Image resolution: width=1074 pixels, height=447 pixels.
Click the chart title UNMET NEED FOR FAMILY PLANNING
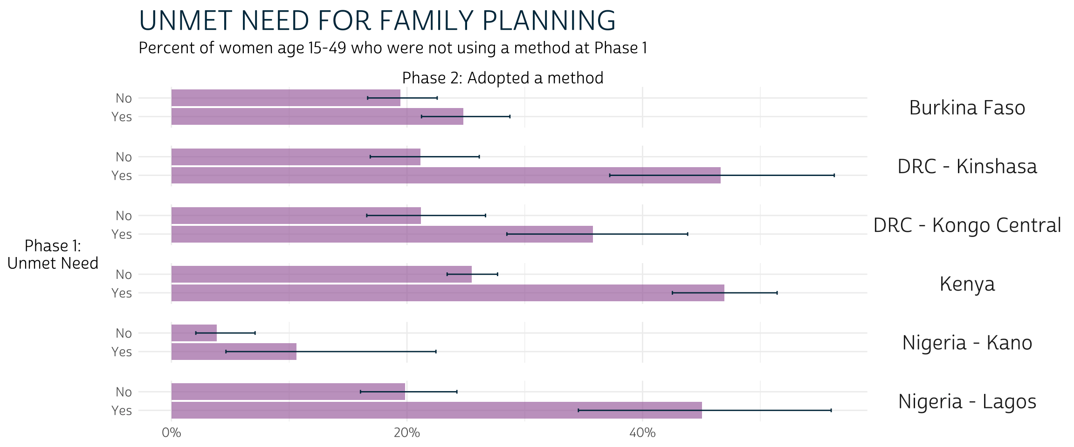pos(377,21)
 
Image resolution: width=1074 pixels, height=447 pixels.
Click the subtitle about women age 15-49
pos(392,48)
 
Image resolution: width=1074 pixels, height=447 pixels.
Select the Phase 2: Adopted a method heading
pos(503,78)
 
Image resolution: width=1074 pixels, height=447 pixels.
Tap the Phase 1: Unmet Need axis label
pos(53,254)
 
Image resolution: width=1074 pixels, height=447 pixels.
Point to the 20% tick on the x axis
pos(406,433)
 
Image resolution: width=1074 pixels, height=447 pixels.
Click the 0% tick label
pos(171,433)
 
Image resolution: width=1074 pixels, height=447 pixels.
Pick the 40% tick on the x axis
pos(642,433)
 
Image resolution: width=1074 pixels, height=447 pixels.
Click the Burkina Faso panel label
pos(967,108)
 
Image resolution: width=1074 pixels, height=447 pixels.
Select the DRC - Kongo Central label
pos(967,225)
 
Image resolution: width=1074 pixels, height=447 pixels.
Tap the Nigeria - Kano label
pos(967,343)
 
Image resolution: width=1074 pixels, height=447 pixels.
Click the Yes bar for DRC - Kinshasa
pos(445,176)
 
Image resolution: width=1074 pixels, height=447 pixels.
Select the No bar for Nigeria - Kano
pos(193,333)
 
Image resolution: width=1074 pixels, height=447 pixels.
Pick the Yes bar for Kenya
pos(447,293)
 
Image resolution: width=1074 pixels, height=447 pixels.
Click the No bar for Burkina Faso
pos(285,98)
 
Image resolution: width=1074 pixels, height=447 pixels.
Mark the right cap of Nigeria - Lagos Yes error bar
pos(831,410)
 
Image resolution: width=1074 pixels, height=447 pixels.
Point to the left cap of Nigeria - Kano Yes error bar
pos(226,352)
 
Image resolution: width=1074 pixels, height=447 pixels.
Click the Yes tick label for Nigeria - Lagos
pos(122,411)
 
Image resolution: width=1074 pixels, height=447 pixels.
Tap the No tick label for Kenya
pos(124,275)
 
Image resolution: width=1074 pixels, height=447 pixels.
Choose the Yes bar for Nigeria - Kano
pos(233,352)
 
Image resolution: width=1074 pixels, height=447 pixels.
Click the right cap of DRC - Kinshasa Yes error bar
pos(834,176)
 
